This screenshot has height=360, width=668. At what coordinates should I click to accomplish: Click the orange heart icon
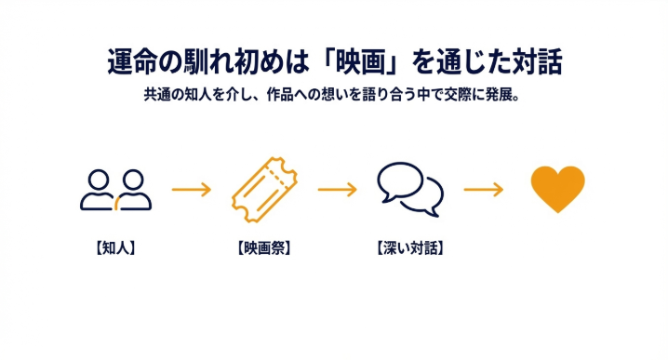(x=557, y=190)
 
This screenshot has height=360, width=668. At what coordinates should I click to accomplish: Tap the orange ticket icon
(x=263, y=189)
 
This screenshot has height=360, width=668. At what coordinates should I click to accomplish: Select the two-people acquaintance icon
(x=115, y=189)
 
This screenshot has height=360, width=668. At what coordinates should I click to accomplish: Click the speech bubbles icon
(x=410, y=189)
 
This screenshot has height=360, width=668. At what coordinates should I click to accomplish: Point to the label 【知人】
(x=115, y=248)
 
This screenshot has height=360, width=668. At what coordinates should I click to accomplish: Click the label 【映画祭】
(x=263, y=248)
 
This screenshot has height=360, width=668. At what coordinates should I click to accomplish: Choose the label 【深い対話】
(x=410, y=248)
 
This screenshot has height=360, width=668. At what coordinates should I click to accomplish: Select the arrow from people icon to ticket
(x=191, y=190)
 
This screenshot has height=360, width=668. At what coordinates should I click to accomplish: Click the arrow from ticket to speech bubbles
(x=337, y=190)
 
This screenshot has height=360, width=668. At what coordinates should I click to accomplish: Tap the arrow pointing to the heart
(x=483, y=190)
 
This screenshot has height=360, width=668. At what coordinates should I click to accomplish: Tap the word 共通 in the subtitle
(x=156, y=96)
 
